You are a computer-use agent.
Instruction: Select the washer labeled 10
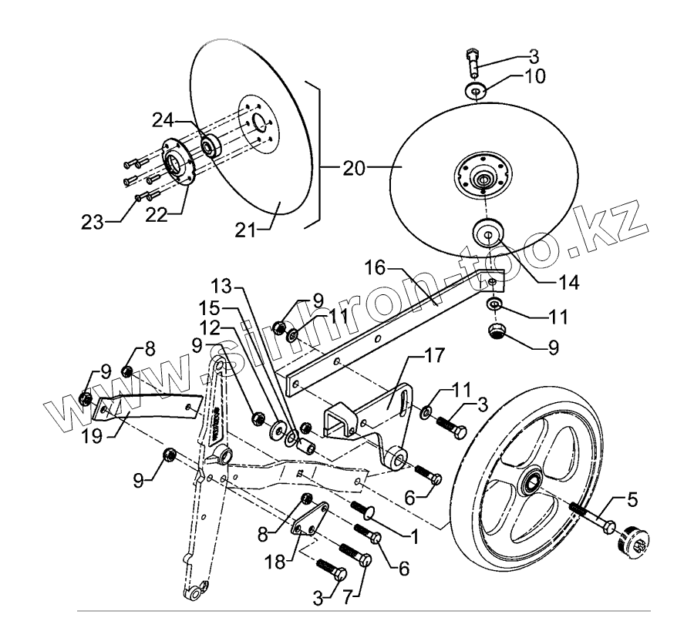(x=477, y=91)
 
